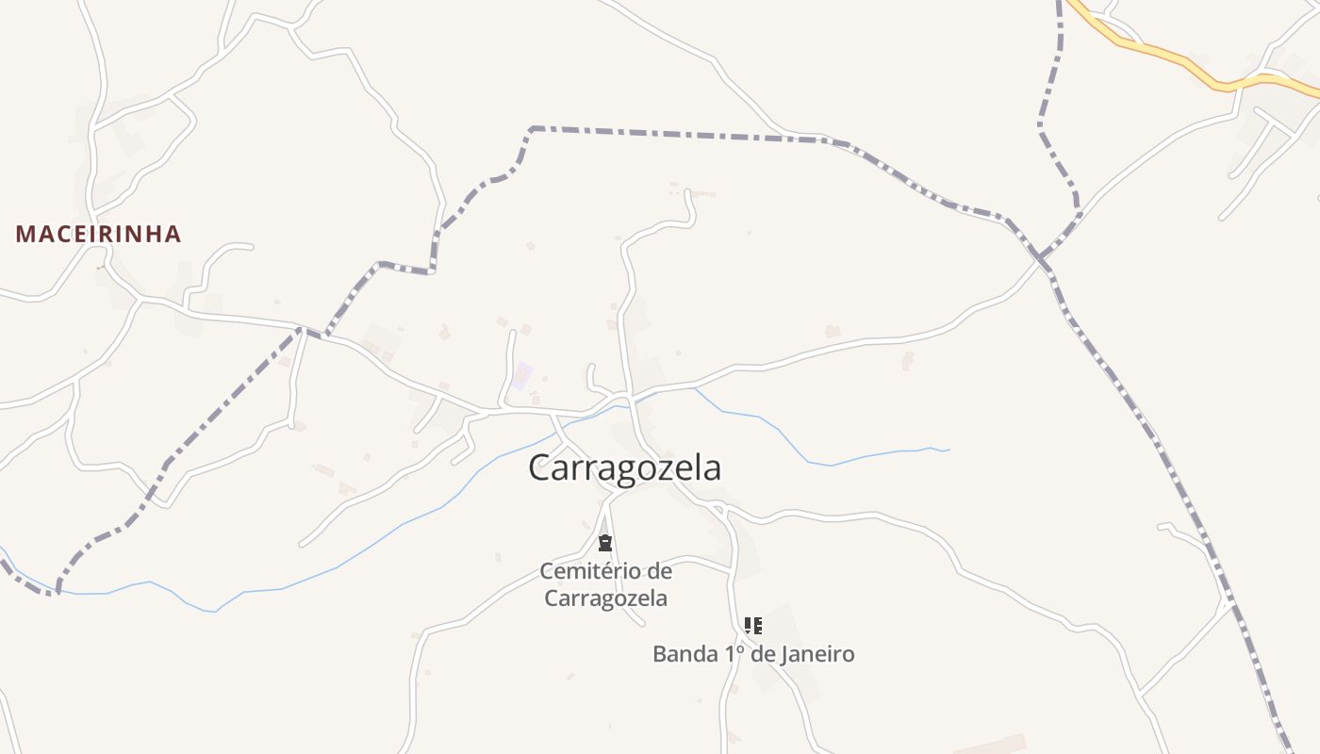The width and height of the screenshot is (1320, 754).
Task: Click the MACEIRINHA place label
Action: pyautogui.click(x=98, y=234)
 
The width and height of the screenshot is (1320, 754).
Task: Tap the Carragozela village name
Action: pyautogui.click(x=624, y=467)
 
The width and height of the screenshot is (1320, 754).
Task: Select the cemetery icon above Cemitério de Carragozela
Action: pyautogui.click(x=605, y=543)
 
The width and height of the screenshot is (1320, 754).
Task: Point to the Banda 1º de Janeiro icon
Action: pyautogui.click(x=752, y=625)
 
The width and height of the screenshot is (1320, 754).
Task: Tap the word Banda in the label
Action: pyautogui.click(x=683, y=653)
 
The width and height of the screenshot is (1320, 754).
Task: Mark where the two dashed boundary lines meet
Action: pyautogui.click(x=1043, y=256)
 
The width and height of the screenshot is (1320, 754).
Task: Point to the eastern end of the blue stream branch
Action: pyautogui.click(x=948, y=450)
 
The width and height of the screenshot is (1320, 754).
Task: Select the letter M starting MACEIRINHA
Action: pyautogui.click(x=25, y=234)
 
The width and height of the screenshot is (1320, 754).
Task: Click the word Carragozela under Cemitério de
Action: pyautogui.click(x=605, y=598)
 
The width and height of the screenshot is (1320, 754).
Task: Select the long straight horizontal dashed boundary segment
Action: pyautogui.click(x=679, y=134)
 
